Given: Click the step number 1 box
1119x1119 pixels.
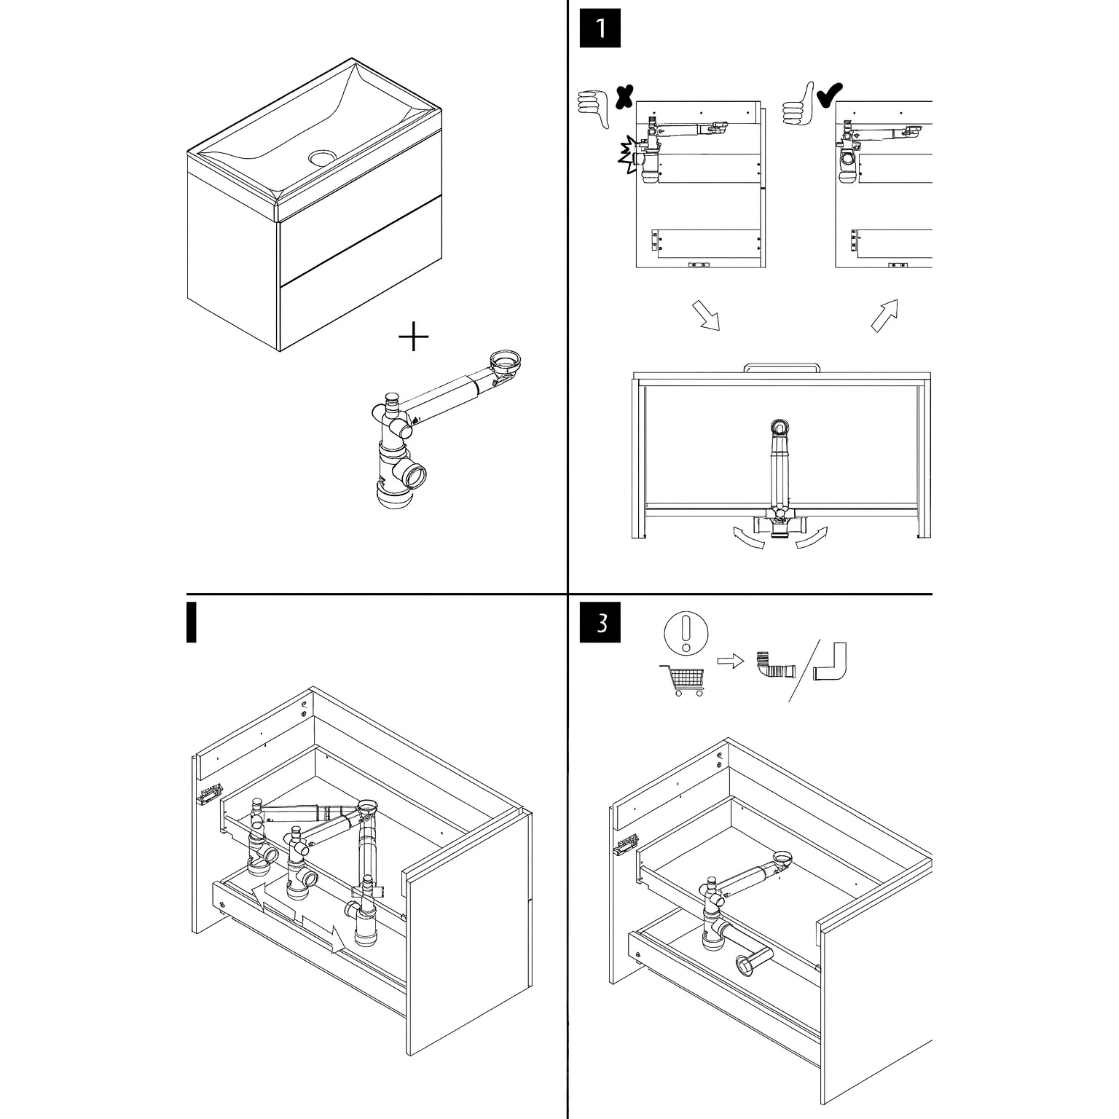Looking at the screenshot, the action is [600, 28].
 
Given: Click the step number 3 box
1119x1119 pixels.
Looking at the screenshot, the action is [600, 623].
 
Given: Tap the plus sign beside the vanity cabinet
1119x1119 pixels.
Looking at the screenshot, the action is [414, 337].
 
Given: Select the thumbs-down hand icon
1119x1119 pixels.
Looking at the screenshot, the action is [593, 109].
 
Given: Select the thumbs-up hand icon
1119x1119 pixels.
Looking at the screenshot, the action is [798, 103].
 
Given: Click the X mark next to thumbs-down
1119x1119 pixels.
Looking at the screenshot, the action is [624, 96].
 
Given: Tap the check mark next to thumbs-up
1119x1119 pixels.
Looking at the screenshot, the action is [830, 95].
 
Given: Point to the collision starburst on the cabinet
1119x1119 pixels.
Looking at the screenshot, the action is [627, 155].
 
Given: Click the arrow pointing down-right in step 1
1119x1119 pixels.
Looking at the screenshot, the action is [705, 315].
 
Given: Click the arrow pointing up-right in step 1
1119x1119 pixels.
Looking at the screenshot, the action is [885, 315].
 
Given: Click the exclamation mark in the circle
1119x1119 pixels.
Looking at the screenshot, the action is [686, 632].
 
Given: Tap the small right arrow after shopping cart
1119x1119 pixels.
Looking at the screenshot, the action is [731, 661].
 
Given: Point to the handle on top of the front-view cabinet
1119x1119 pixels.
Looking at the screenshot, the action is [782, 366].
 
